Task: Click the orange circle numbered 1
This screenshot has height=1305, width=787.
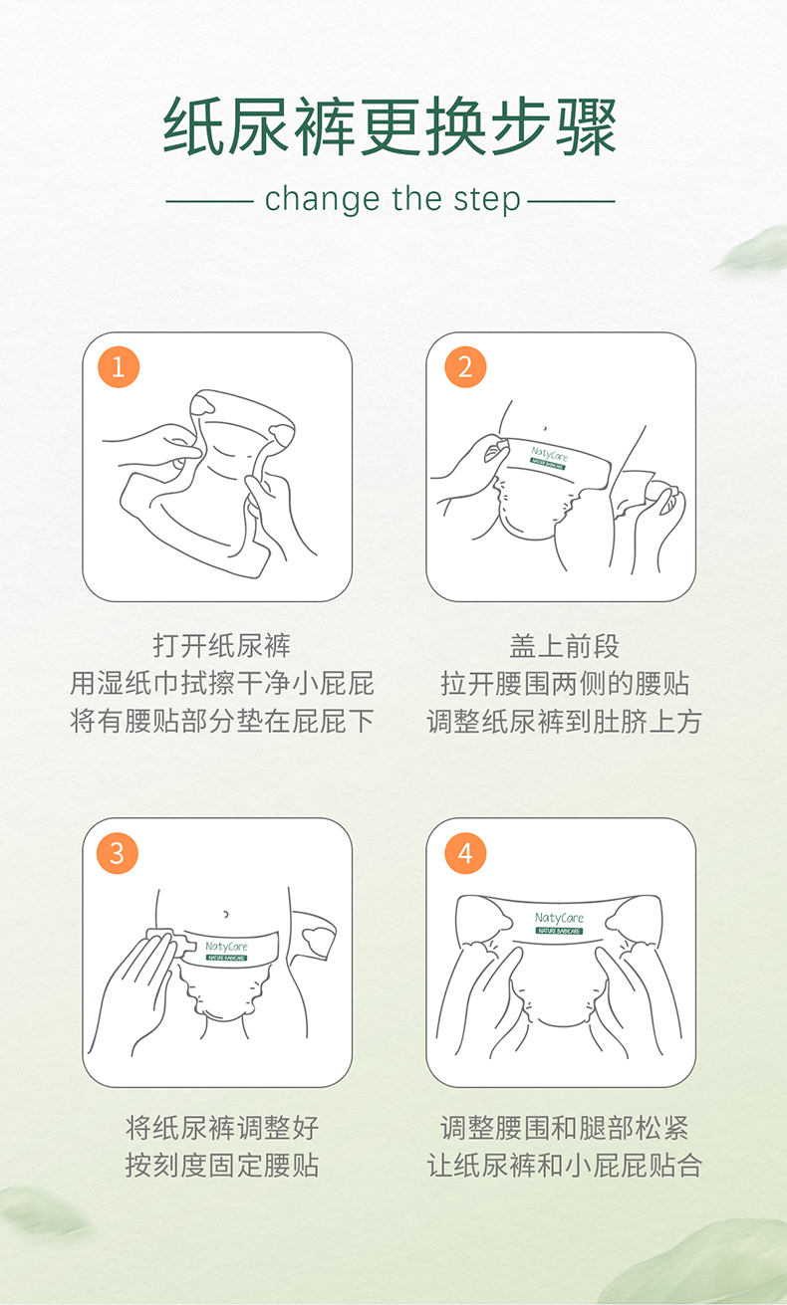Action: (x=119, y=367)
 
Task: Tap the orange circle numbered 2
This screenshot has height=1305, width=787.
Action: (x=465, y=367)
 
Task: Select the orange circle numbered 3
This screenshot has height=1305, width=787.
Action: (x=118, y=853)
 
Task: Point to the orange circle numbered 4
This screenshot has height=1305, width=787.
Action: (x=465, y=853)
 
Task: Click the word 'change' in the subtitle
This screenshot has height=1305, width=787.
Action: (x=322, y=199)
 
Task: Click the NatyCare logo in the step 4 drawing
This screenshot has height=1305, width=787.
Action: (x=559, y=923)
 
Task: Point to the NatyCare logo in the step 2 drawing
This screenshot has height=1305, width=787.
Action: (x=549, y=458)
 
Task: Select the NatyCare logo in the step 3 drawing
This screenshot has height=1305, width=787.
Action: (x=227, y=952)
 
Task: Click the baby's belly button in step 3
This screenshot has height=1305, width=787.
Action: (x=226, y=914)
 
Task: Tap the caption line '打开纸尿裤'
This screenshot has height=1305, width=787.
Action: (x=221, y=645)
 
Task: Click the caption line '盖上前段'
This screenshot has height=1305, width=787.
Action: (x=564, y=646)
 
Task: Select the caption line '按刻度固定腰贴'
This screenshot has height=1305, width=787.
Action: (x=222, y=1166)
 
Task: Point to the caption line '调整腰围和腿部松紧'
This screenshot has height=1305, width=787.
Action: (x=564, y=1128)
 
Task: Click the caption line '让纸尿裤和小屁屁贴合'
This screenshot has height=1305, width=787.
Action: (x=564, y=1166)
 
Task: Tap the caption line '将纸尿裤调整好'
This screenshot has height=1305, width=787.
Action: (x=222, y=1128)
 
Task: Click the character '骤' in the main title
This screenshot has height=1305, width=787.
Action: (x=586, y=126)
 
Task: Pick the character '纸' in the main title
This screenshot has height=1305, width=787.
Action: (x=193, y=126)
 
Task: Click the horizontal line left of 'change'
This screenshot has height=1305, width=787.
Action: (x=210, y=202)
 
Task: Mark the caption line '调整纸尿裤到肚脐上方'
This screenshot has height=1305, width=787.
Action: (x=564, y=722)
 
